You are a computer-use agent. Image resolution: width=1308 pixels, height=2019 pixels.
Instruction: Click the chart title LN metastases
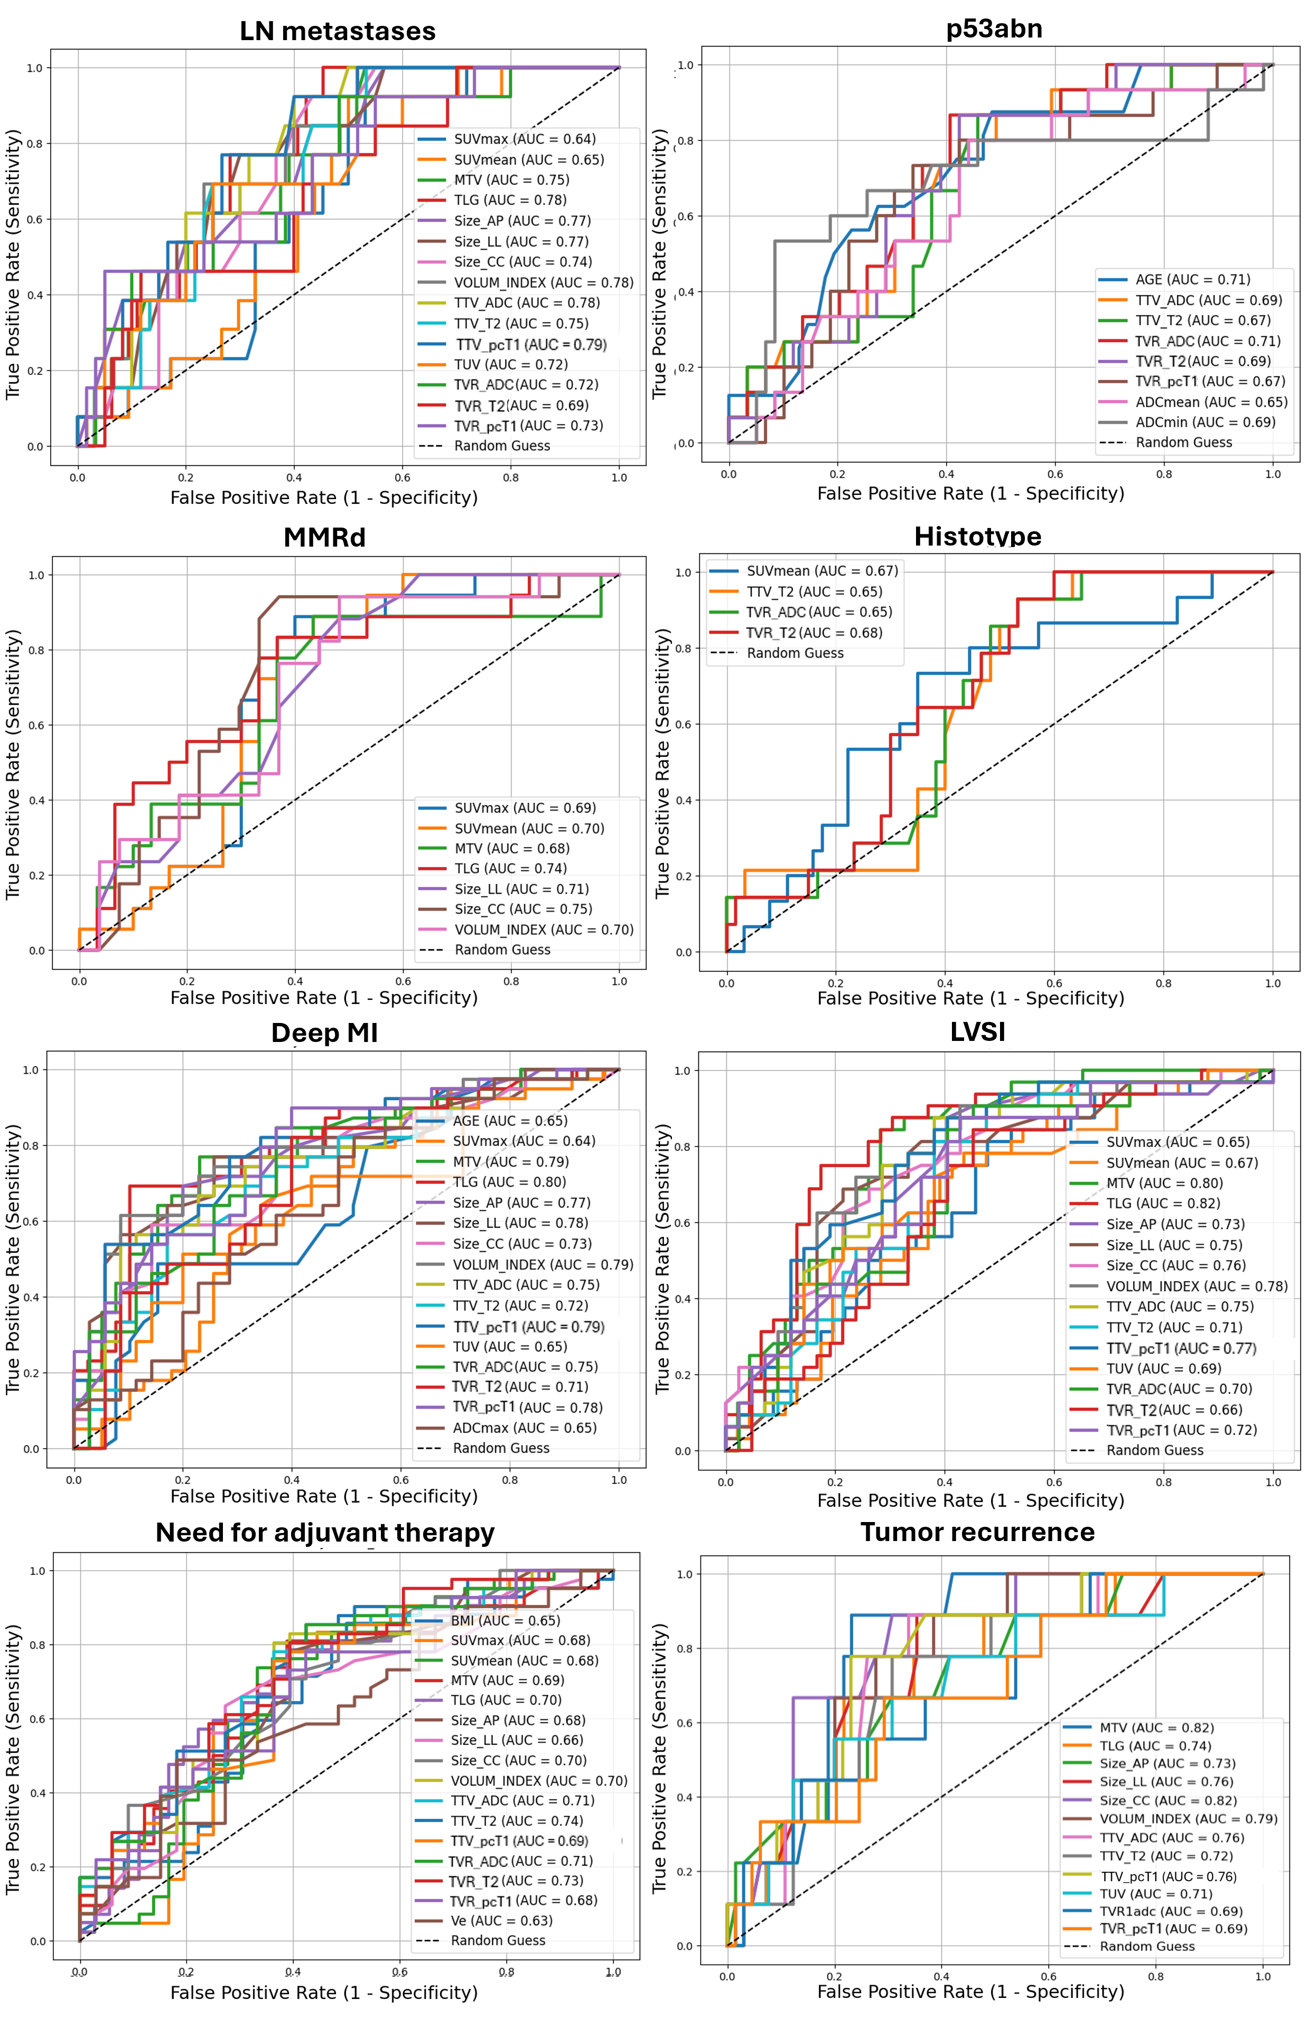[337, 31]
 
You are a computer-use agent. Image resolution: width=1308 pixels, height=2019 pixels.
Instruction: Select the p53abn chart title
[994, 29]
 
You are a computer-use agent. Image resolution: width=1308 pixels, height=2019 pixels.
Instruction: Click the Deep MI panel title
[324, 1032]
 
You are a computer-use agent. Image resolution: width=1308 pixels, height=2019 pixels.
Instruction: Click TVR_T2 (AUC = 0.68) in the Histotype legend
[813, 632]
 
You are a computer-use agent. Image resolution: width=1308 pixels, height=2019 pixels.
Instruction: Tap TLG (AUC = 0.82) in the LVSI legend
[1162, 1203]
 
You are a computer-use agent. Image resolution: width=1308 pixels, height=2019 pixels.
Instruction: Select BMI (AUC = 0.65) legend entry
[505, 1620]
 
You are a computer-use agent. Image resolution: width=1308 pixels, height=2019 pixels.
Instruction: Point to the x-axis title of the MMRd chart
[324, 998]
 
